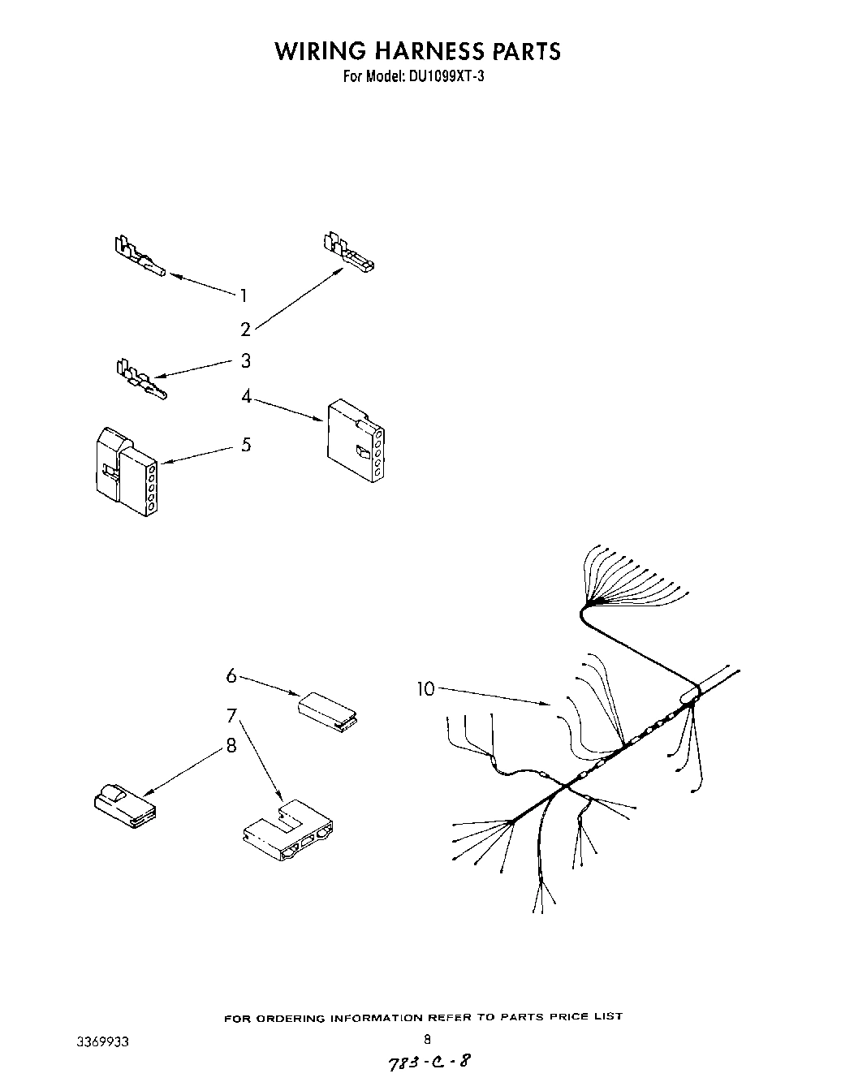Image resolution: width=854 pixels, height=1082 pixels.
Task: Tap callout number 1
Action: [x=243, y=295]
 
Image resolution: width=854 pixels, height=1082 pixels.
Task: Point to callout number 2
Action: [x=245, y=330]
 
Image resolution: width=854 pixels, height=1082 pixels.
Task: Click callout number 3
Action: [x=245, y=360]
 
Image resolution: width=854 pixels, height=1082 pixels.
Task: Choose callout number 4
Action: [x=246, y=396]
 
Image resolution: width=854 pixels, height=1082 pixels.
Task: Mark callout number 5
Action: [x=246, y=445]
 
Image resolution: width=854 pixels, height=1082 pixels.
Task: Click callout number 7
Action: [x=231, y=716]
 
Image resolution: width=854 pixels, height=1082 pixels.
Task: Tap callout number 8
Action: [x=231, y=745]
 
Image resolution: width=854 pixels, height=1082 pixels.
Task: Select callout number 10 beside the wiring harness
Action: [x=426, y=689]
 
